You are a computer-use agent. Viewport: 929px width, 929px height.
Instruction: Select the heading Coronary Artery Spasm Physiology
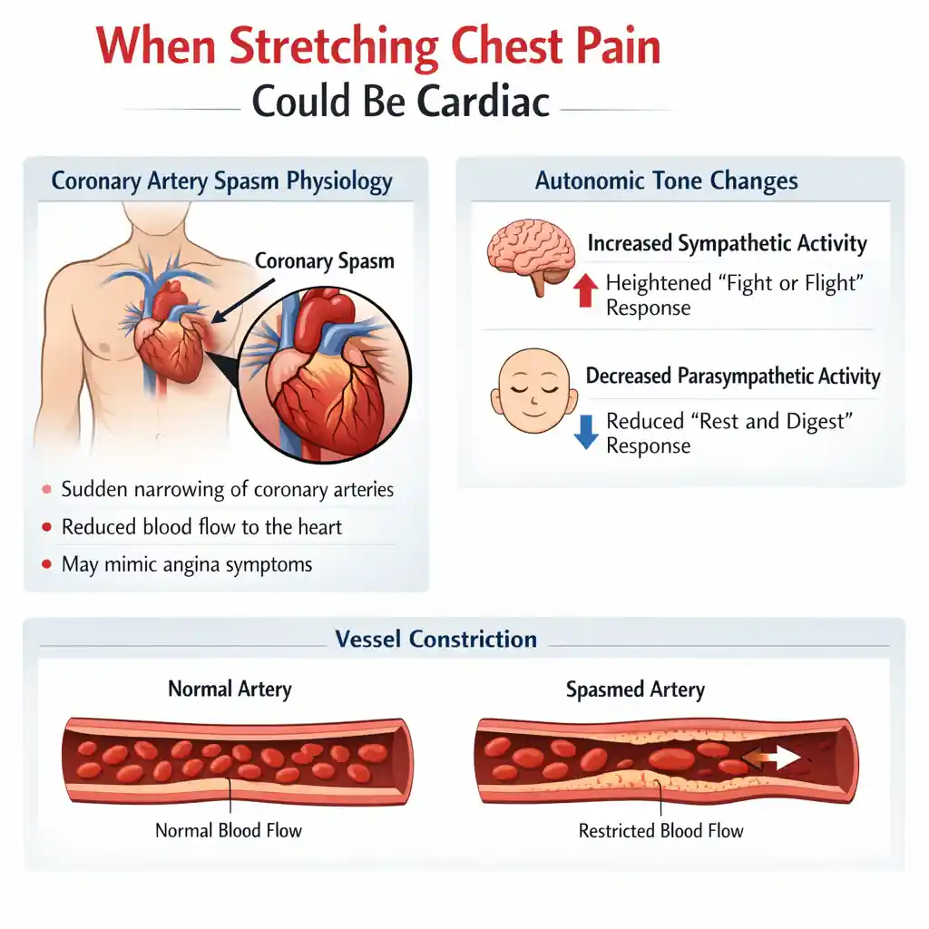pyautogui.click(x=221, y=181)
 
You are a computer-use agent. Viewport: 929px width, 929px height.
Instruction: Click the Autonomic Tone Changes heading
pyautogui.click(x=667, y=181)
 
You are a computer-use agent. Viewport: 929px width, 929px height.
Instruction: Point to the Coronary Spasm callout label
pyautogui.click(x=324, y=261)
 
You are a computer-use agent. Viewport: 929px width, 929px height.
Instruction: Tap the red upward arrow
pyautogui.click(x=585, y=289)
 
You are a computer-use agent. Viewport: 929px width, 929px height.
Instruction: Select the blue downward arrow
pyautogui.click(x=586, y=432)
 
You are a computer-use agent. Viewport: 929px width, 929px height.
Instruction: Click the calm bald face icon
pyautogui.click(x=533, y=390)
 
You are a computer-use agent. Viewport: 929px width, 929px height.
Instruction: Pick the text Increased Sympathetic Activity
pyautogui.click(x=727, y=243)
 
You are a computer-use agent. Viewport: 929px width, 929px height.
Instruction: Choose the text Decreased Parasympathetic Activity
pyautogui.click(x=733, y=376)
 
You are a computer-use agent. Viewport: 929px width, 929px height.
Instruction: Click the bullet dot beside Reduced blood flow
pyautogui.click(x=47, y=527)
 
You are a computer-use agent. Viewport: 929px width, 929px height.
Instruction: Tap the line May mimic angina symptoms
pyautogui.click(x=187, y=564)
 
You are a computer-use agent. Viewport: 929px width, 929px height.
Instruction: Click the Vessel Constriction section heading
pyautogui.click(x=436, y=640)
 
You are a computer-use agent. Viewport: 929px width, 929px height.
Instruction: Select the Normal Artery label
pyautogui.click(x=230, y=689)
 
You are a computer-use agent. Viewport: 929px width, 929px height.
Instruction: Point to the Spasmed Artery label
pyautogui.click(x=635, y=689)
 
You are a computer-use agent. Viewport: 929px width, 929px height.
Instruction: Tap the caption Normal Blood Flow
pyautogui.click(x=229, y=830)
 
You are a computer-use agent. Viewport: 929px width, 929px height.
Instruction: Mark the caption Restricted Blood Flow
pyautogui.click(x=660, y=831)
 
